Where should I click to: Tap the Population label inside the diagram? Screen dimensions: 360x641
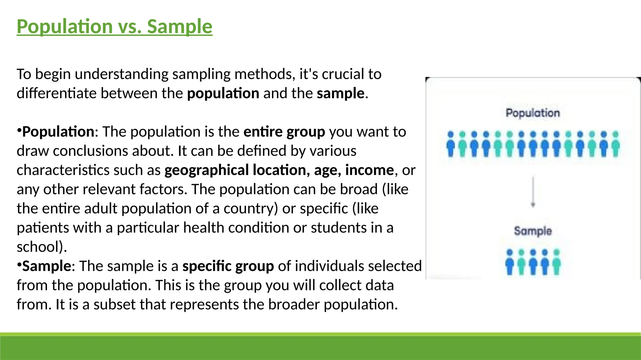click(533, 113)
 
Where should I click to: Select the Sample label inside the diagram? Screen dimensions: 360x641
click(533, 231)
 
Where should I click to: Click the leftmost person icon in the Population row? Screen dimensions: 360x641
click(451, 144)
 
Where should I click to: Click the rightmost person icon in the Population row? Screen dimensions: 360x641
click(615, 144)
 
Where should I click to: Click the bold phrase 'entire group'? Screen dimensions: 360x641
click(284, 132)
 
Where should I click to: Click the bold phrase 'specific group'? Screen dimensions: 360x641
click(228, 266)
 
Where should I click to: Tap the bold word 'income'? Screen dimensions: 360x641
click(369, 170)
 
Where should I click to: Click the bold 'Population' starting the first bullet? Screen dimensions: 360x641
click(58, 132)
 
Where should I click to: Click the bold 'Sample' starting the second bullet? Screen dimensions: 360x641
click(47, 266)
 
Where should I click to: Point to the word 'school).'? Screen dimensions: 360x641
click(42, 247)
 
